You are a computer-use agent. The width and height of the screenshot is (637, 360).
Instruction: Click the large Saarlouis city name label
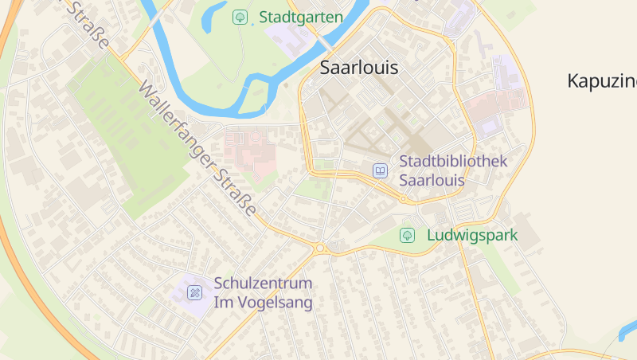tap(358, 68)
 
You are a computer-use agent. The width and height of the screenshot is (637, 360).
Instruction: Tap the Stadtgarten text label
tap(301, 17)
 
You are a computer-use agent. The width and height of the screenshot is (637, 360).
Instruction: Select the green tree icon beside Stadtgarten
tap(239, 17)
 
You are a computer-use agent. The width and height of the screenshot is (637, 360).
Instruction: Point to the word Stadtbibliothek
tap(452, 162)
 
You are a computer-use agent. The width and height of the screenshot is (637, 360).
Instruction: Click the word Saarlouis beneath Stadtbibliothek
tap(432, 180)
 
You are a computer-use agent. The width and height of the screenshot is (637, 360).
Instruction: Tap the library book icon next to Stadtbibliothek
tap(380, 170)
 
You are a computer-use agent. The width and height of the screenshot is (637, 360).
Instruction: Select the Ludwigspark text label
tap(472, 236)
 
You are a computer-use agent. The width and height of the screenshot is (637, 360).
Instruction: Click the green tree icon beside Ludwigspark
tap(407, 236)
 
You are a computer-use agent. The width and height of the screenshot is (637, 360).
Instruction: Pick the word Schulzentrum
tap(263, 284)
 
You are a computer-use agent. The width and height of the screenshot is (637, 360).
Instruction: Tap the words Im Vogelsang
tap(263, 303)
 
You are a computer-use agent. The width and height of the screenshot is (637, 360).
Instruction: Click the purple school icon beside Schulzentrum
tap(194, 293)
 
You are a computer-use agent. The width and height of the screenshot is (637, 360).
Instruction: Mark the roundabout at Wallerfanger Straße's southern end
tap(320, 248)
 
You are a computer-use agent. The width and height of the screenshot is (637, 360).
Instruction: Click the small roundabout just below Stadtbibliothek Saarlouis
tap(404, 199)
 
